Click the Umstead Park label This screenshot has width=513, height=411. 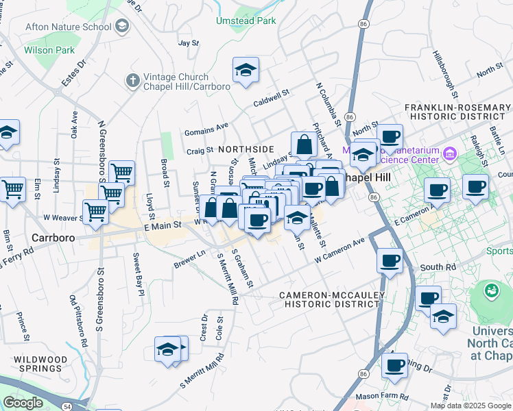coord(246,21)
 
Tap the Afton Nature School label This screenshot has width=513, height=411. coord(68,27)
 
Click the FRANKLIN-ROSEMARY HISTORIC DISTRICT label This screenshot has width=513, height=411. coord(457,112)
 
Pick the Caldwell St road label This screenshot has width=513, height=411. coord(272,100)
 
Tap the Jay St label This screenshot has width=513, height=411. coord(188,42)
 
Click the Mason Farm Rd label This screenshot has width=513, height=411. coord(382,397)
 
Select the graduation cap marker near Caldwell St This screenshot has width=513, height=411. coord(246,70)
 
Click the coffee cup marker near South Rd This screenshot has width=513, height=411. coord(390,260)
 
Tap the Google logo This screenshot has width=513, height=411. coord(23,403)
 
